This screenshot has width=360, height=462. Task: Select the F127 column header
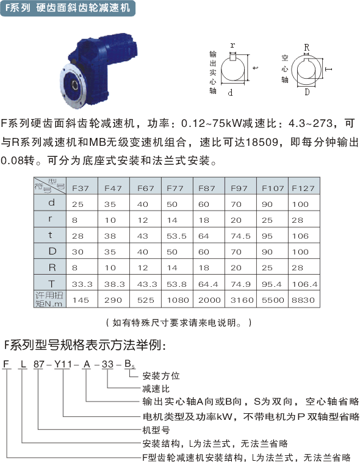pos(303,188)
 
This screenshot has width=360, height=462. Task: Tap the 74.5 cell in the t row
pos(240,236)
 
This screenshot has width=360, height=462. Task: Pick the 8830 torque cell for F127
pos(303,300)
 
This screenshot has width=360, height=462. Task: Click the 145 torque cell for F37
pos(81,300)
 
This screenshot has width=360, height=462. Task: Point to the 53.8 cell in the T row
pos(176,284)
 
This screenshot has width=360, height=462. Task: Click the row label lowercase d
pos(51,203)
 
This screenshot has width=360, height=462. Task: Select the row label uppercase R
pos(52,267)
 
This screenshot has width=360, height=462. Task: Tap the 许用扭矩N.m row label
pos(49,300)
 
